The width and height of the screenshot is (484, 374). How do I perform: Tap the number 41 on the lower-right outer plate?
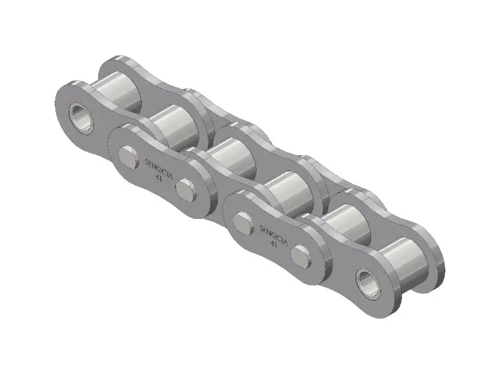point(274,245)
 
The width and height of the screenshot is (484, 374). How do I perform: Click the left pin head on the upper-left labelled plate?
point(128,154)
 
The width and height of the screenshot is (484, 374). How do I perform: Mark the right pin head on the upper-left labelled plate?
point(186,188)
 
